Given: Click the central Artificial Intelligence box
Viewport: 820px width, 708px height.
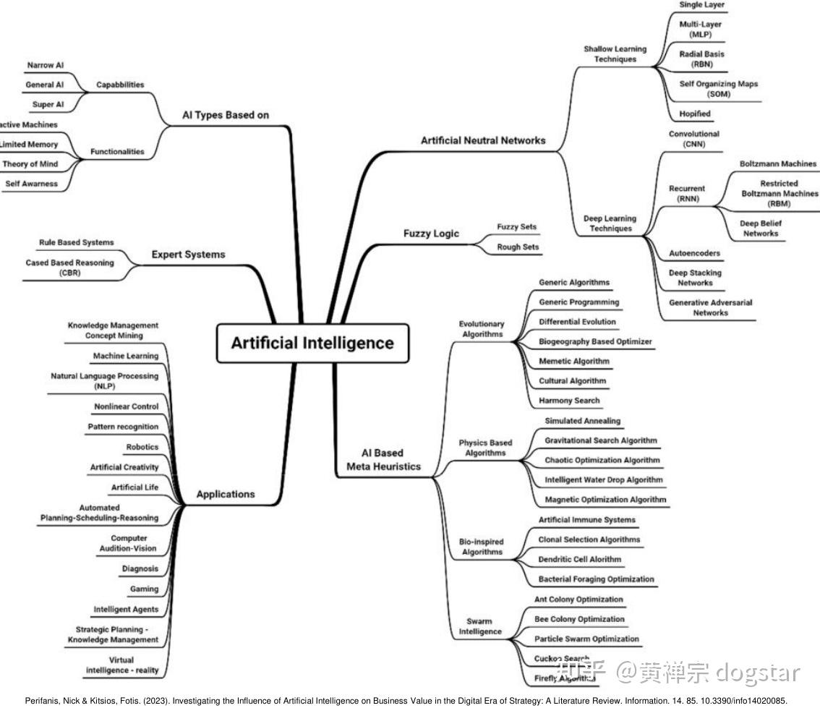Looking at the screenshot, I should point(312,343).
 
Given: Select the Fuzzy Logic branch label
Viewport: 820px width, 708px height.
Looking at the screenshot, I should point(431,234).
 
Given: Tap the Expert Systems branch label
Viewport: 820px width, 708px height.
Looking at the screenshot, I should point(188,255).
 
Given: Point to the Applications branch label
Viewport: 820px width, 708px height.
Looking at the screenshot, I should point(226,494).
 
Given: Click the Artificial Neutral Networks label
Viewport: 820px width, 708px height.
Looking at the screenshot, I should point(483,140).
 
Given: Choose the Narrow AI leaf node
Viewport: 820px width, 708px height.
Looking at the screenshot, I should point(46,65).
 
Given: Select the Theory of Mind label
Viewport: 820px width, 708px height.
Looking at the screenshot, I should point(30,164).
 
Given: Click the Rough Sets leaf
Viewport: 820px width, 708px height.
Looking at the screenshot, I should point(518,247).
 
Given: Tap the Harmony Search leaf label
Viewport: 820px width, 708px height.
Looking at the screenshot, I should point(569,400).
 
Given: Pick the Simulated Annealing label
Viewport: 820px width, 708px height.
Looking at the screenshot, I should point(582,421).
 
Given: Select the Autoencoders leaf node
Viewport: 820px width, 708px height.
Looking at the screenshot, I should point(695,254).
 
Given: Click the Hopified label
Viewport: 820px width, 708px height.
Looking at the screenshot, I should point(695,114).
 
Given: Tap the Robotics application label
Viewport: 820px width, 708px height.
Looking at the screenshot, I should point(142,447).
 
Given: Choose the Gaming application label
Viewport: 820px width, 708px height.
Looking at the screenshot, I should point(144,589).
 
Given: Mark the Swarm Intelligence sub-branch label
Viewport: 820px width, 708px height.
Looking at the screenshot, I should point(480,626).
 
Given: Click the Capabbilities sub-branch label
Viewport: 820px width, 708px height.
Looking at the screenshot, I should point(120,85).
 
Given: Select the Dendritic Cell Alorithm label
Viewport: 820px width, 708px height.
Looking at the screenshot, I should point(579,559).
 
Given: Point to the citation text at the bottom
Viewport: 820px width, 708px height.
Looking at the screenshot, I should point(406,701).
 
